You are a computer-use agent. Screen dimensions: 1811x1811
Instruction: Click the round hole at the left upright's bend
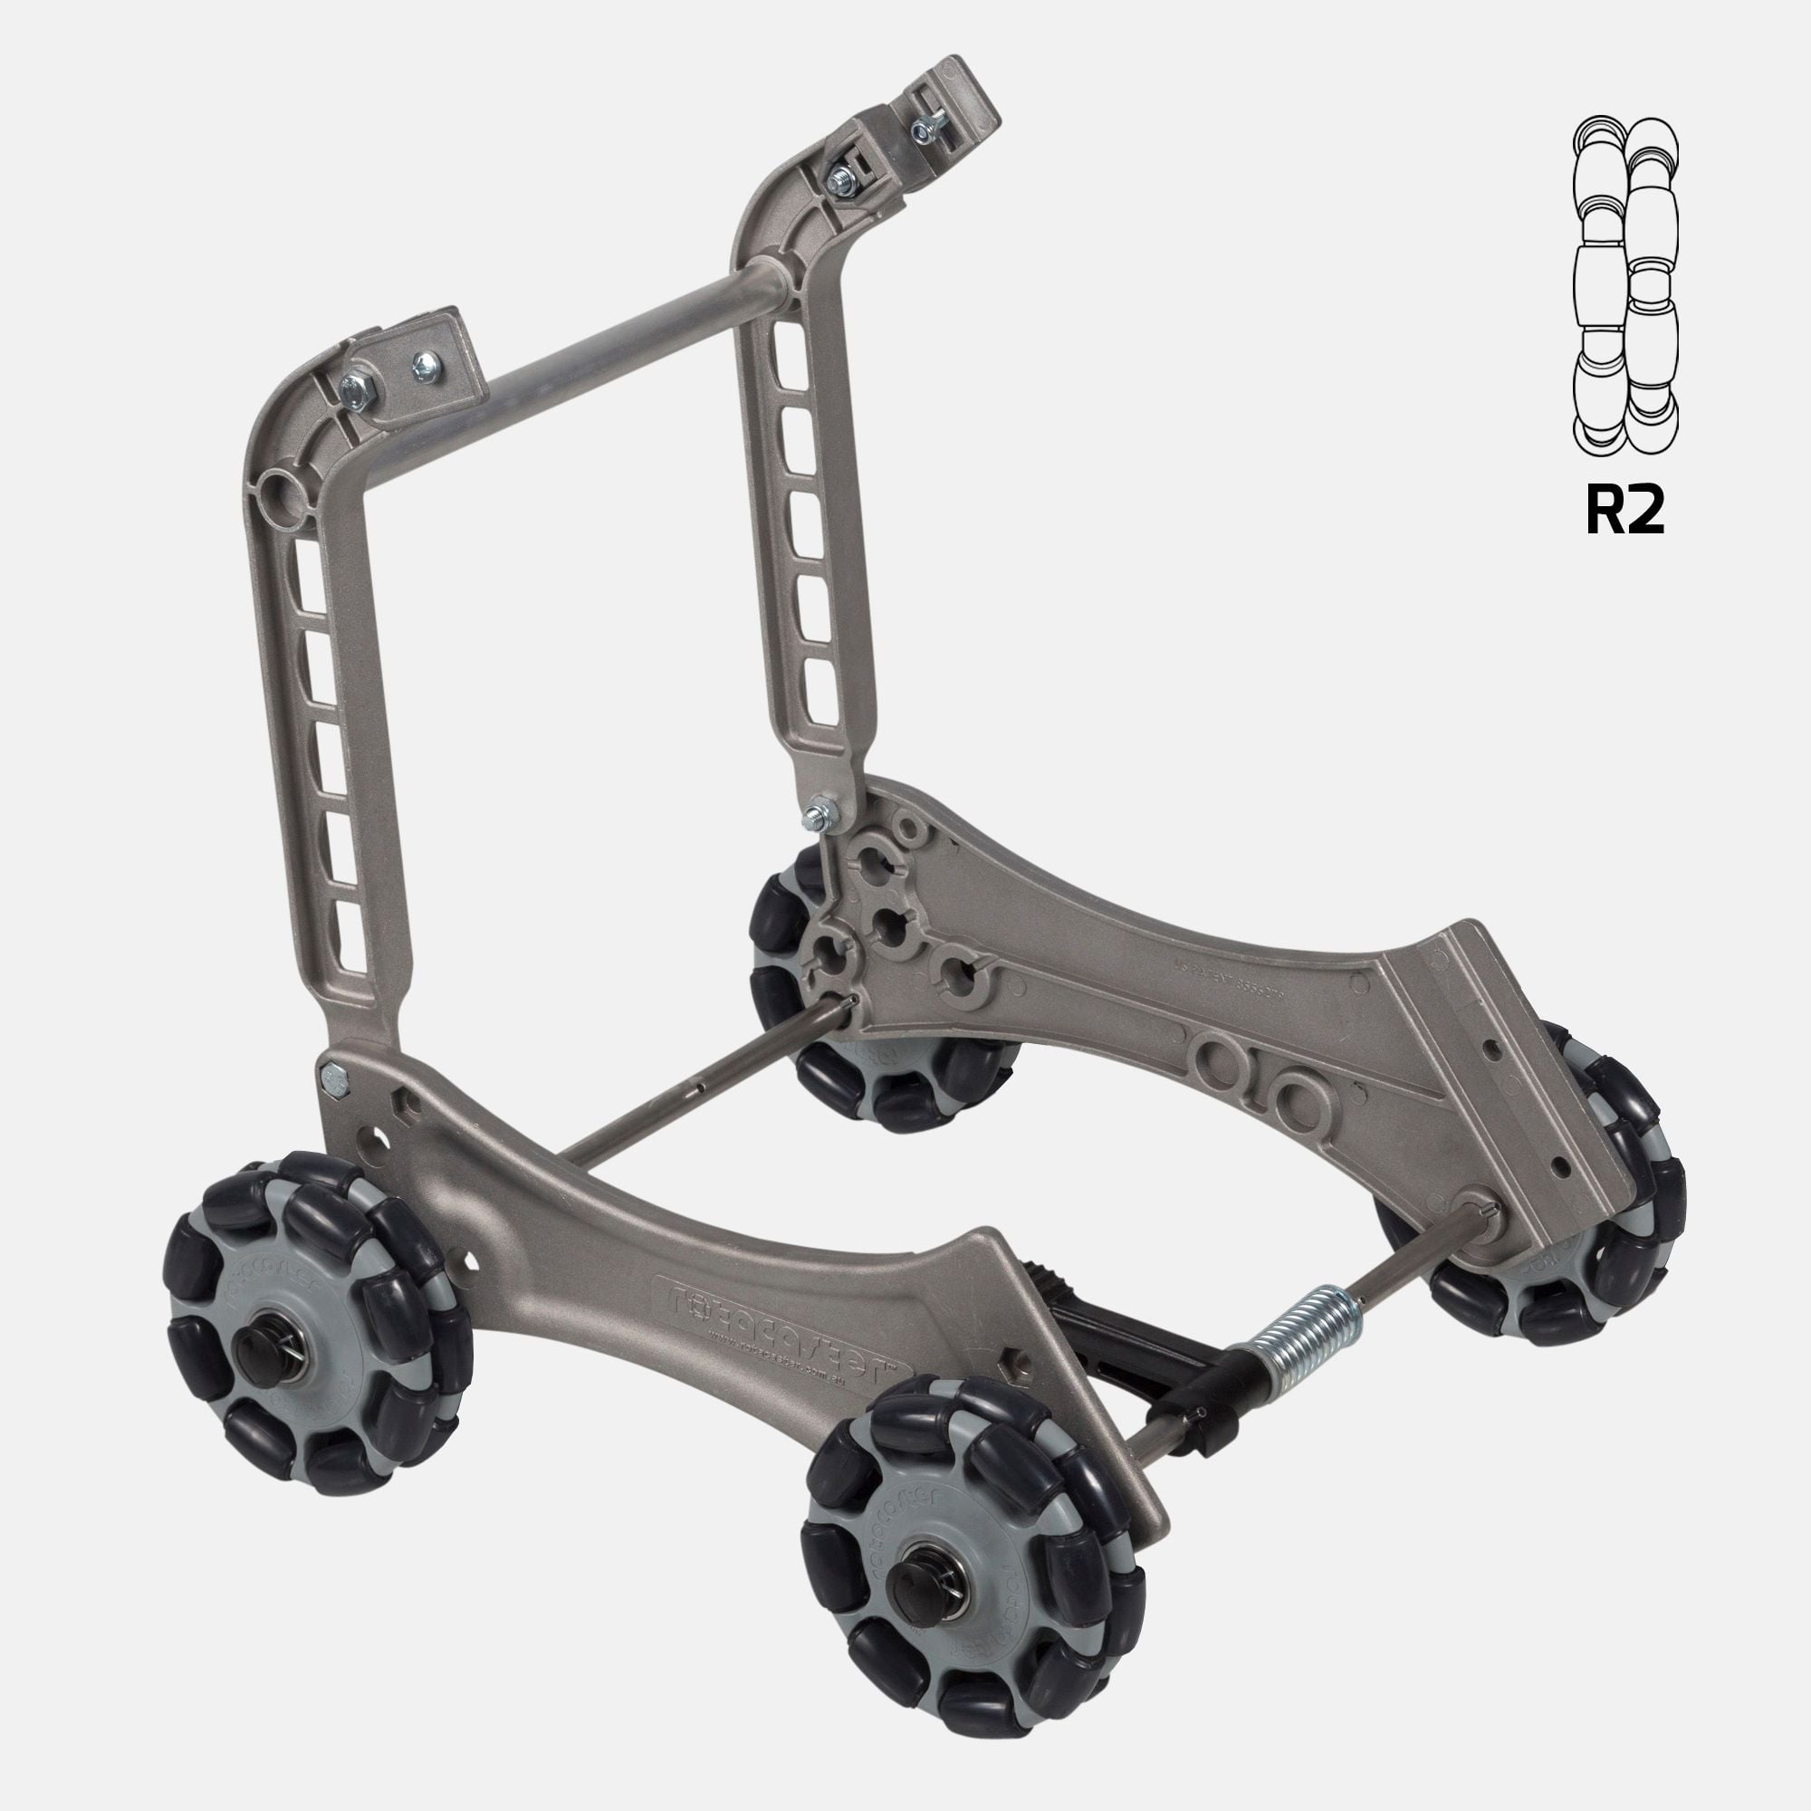pyautogui.click(x=283, y=489)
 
